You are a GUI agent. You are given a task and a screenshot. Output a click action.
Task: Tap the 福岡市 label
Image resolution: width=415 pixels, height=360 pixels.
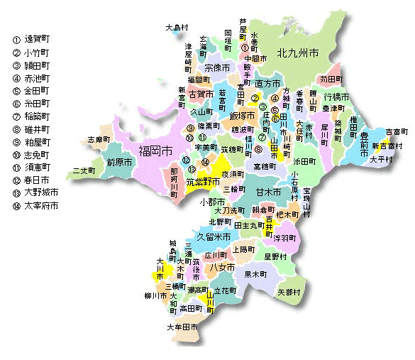point(156,151)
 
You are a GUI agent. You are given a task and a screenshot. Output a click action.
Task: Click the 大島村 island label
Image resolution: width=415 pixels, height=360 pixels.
point(178,28)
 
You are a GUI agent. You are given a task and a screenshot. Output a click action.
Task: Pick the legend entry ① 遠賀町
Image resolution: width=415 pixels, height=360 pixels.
point(34,40)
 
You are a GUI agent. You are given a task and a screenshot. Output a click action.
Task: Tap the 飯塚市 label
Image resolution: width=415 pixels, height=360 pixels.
point(243,115)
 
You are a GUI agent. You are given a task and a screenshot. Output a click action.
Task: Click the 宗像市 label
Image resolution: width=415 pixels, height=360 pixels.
point(217,68)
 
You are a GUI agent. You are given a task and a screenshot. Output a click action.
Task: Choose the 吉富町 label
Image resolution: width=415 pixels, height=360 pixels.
point(396,132)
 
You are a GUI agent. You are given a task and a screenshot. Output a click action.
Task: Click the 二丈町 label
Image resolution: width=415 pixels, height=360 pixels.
point(84,171)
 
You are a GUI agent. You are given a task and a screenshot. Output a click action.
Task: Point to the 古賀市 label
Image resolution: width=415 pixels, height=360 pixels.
point(201,93)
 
